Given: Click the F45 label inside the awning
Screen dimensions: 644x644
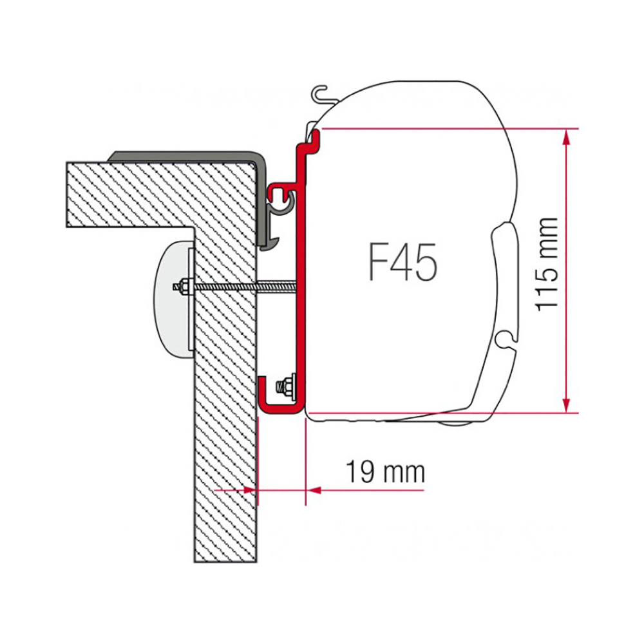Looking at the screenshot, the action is [402, 261].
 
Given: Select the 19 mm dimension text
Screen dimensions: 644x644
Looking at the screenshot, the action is [385, 471].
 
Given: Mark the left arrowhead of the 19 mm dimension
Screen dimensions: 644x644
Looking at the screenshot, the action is [251, 489].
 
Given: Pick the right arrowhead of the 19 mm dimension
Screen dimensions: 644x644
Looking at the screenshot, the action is [314, 489].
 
